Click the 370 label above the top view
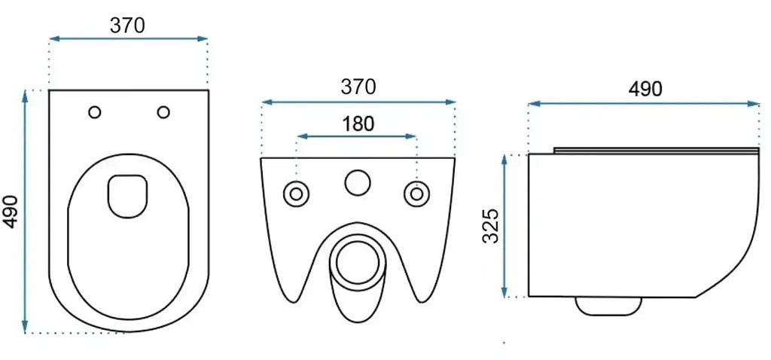127,25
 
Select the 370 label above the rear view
358,87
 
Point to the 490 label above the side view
645,89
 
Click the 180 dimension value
357,124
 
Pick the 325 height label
491,226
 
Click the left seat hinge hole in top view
95,112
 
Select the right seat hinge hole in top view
163,112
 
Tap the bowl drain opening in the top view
127,197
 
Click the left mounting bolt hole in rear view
296,194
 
